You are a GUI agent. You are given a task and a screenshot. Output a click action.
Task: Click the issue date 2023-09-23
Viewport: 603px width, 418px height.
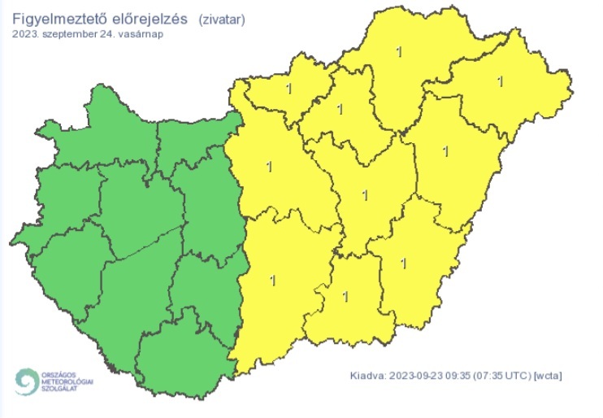pyautogui.click(x=418, y=376)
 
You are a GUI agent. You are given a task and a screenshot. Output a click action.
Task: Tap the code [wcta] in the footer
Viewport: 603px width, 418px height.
pyautogui.click(x=549, y=376)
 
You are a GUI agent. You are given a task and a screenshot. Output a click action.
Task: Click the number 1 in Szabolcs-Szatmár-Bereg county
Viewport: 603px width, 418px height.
pyautogui.click(x=500, y=81)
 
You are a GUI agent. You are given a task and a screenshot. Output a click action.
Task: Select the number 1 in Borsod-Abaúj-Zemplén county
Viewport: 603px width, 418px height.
pyautogui.click(x=397, y=52)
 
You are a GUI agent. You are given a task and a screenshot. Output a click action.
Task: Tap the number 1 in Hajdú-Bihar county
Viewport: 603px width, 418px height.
pyautogui.click(x=445, y=150)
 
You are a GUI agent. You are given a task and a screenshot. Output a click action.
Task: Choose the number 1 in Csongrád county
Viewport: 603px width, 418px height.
pyautogui.click(x=346, y=297)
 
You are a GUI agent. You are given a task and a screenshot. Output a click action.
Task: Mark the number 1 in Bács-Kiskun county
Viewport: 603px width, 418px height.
pyautogui.click(x=271, y=281)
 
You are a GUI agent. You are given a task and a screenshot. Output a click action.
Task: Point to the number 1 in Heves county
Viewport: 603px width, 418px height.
pyautogui.click(x=341, y=108)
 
